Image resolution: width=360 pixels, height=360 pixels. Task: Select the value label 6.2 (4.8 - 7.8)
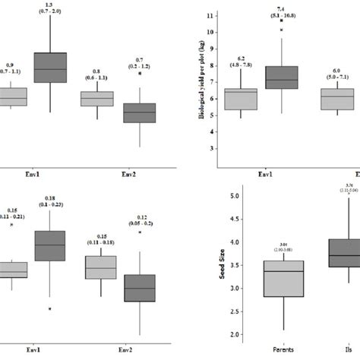(241, 61)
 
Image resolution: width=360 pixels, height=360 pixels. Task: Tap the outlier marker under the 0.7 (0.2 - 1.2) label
(140, 94)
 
